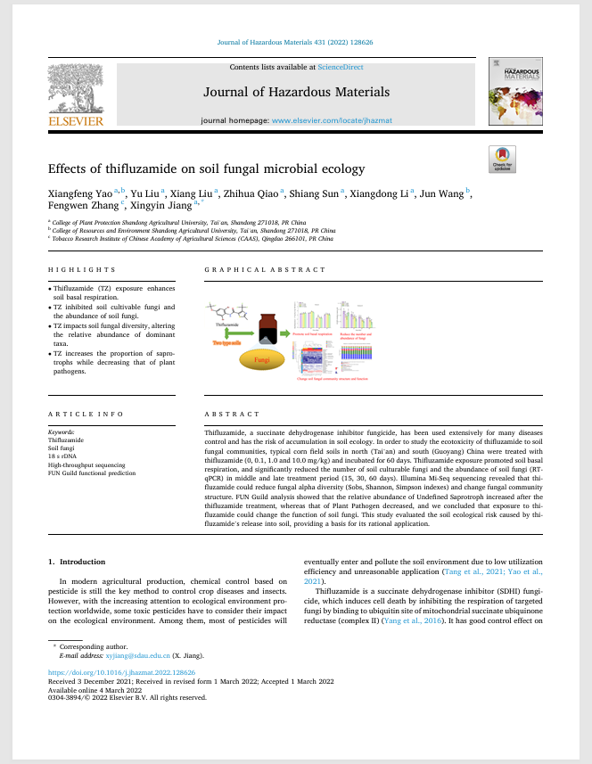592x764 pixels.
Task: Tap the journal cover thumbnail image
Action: [515, 92]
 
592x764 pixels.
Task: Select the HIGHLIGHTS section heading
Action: [82, 269]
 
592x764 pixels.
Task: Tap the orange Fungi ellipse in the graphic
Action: [262, 360]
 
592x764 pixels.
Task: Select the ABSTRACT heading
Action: [233, 415]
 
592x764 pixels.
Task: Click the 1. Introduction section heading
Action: [76, 562]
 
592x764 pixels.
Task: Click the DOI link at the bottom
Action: [121, 673]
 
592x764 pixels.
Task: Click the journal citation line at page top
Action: [295, 42]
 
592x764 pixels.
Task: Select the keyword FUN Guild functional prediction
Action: [92, 473]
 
